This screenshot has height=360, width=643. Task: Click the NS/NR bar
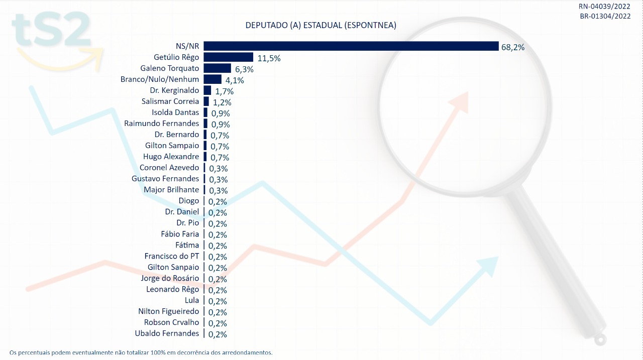click(351, 46)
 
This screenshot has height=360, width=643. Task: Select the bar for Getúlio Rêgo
click(229, 57)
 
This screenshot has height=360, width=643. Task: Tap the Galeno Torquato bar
click(218, 68)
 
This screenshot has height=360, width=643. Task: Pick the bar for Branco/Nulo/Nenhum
click(212, 79)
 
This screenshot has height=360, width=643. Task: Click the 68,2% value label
click(513, 47)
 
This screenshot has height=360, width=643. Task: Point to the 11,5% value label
click(269, 58)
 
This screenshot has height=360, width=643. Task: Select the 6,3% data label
click(244, 69)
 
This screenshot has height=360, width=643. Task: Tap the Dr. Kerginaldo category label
click(174, 90)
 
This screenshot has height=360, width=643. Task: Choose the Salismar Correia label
click(171, 101)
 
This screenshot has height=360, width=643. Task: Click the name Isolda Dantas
click(175, 112)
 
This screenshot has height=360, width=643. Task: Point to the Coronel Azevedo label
click(169, 168)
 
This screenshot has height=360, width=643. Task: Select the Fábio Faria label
click(180, 234)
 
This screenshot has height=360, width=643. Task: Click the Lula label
click(192, 300)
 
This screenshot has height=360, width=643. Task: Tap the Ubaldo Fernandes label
click(167, 333)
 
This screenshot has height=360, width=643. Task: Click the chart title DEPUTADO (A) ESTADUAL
click(320, 26)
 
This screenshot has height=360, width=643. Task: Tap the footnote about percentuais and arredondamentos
click(141, 352)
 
